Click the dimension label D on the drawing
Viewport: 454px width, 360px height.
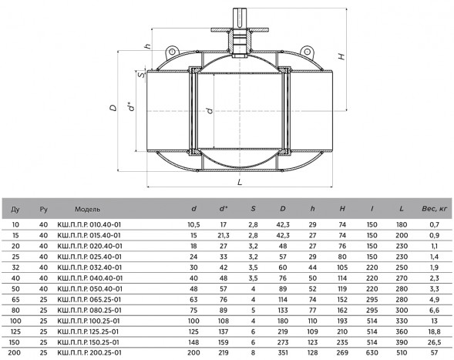tap(113, 108)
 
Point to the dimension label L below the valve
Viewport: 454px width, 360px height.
tap(240, 182)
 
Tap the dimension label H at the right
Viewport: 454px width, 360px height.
tap(341, 56)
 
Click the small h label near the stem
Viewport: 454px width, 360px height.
tap(148, 46)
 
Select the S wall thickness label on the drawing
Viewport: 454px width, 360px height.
tap(141, 75)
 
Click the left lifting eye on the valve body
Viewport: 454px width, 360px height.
tap(172, 52)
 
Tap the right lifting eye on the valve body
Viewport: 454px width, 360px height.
tap(307, 52)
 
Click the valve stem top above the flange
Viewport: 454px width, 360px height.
tap(240, 18)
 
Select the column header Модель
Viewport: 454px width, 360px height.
tap(87, 209)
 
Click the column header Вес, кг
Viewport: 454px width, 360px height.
tap(434, 209)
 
